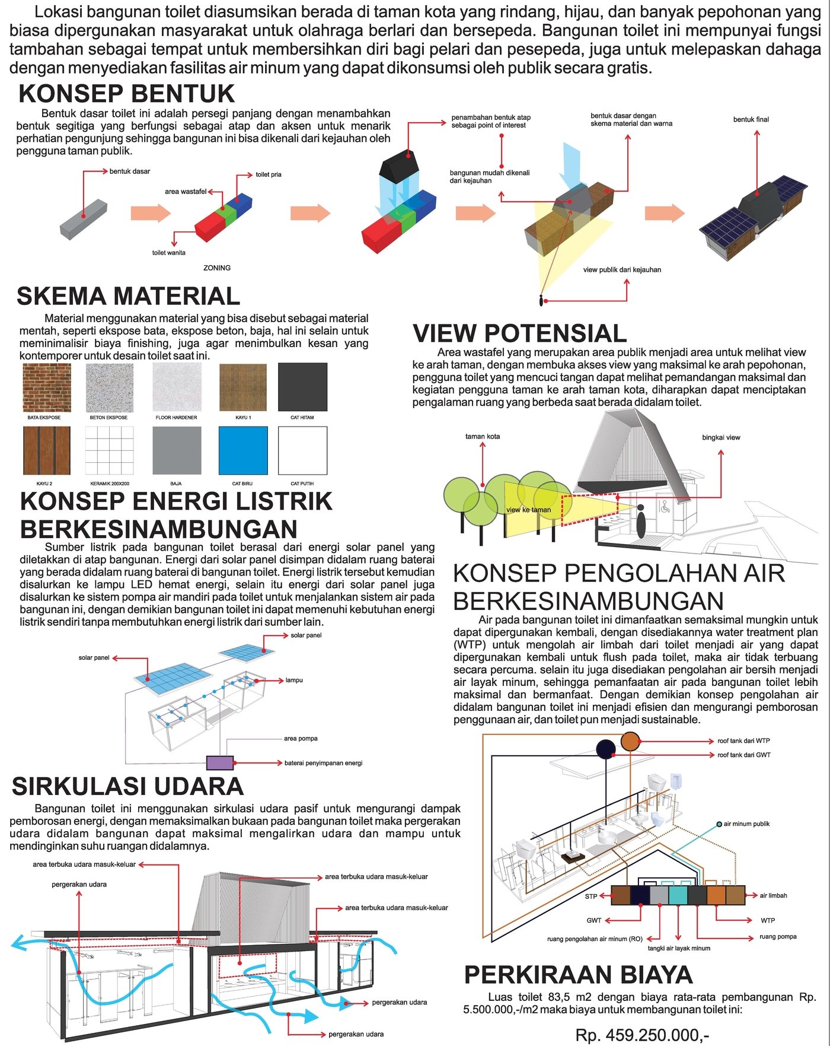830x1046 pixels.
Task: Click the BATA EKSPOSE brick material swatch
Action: coord(47,387)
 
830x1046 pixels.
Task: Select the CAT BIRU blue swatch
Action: coord(243,450)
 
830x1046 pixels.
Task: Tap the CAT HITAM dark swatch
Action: coord(302,387)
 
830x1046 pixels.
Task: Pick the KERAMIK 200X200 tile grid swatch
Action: coord(109,450)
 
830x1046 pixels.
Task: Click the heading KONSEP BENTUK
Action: coord(127,94)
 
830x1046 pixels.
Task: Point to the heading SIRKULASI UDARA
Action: coord(128,786)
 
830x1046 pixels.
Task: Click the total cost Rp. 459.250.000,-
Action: coord(642,1035)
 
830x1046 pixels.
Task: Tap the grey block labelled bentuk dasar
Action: coord(84,220)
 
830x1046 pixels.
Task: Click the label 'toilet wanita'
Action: coord(169,253)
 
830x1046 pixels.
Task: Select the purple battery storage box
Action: coord(219,763)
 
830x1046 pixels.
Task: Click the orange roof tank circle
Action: coord(630,741)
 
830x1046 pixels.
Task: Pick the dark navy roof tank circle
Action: coord(605,749)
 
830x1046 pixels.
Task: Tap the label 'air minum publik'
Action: coord(746,824)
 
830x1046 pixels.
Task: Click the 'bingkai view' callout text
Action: coord(721,437)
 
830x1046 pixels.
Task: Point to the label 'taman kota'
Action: coord(483,436)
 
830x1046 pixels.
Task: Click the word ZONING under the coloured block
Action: coord(217,268)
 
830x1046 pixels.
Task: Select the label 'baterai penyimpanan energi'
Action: coord(323,763)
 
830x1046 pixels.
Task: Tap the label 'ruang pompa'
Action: coord(778,936)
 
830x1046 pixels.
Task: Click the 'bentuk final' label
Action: coord(751,119)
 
